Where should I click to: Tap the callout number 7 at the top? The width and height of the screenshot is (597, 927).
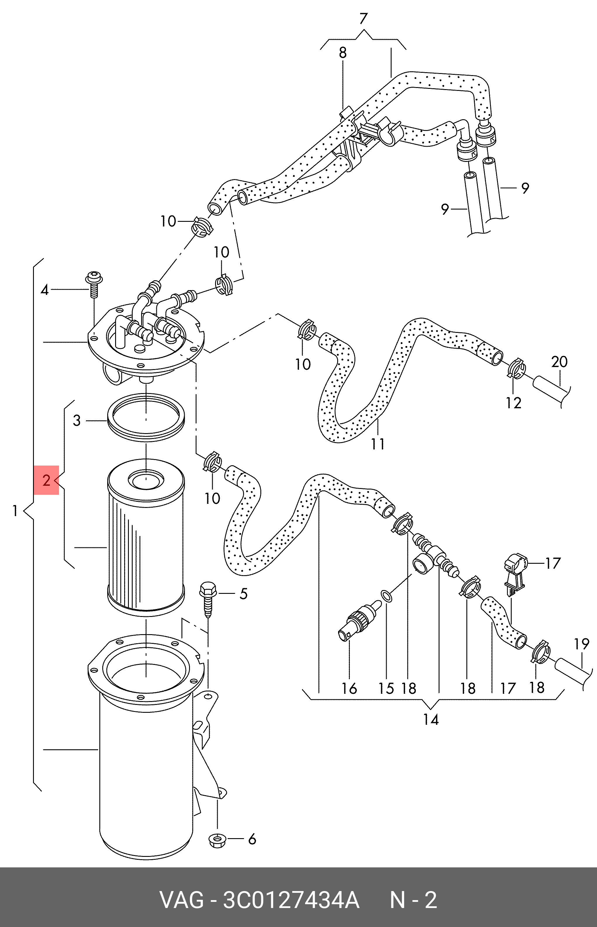pyautogui.click(x=363, y=18)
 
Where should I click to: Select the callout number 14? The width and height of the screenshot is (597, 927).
pyautogui.click(x=431, y=720)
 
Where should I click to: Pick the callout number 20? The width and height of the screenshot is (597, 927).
pyautogui.click(x=559, y=362)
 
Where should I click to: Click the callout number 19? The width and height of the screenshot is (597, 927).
pyautogui.click(x=582, y=644)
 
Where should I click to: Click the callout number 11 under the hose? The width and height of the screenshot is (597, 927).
pyautogui.click(x=378, y=444)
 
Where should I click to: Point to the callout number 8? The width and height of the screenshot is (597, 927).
pyautogui.click(x=343, y=53)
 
